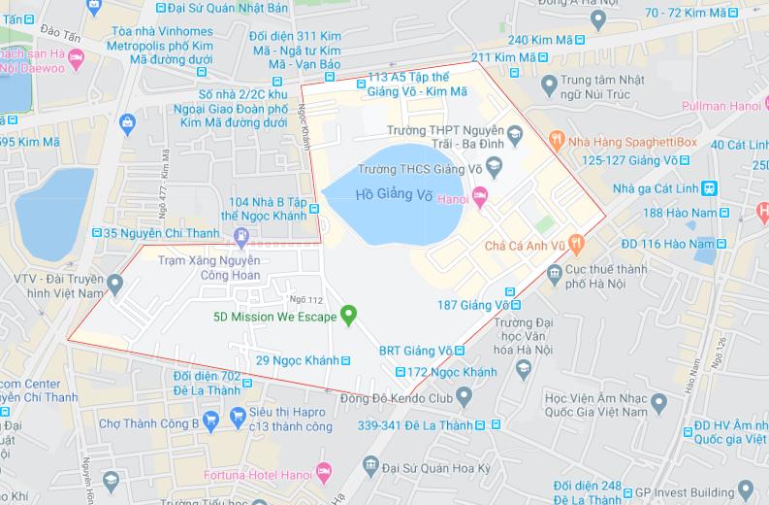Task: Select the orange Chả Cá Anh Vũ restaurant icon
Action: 576,242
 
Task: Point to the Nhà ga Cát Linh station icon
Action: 711,187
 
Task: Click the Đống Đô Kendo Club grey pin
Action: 464,395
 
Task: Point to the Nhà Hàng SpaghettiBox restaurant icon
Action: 557,142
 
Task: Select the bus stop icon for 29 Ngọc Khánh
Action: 347,361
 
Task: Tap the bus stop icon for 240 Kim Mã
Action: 579,40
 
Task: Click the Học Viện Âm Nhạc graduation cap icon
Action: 659,401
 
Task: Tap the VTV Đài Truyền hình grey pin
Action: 115,284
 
